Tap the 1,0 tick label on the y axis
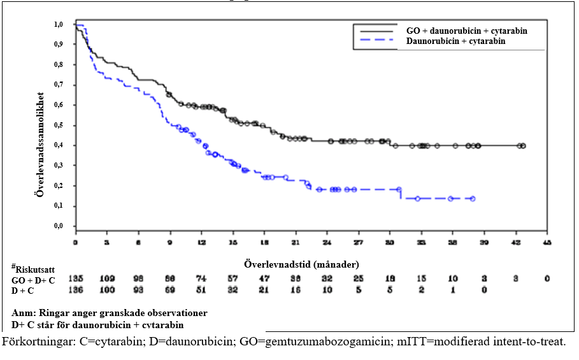[58, 25]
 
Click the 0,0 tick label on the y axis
[58, 226]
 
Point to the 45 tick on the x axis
[547, 243]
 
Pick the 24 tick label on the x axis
[327, 243]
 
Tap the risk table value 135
[76, 278]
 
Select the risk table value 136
[76, 291]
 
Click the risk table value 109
[107, 278]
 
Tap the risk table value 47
[264, 278]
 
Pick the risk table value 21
[264, 291]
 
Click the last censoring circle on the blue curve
[472, 199]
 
